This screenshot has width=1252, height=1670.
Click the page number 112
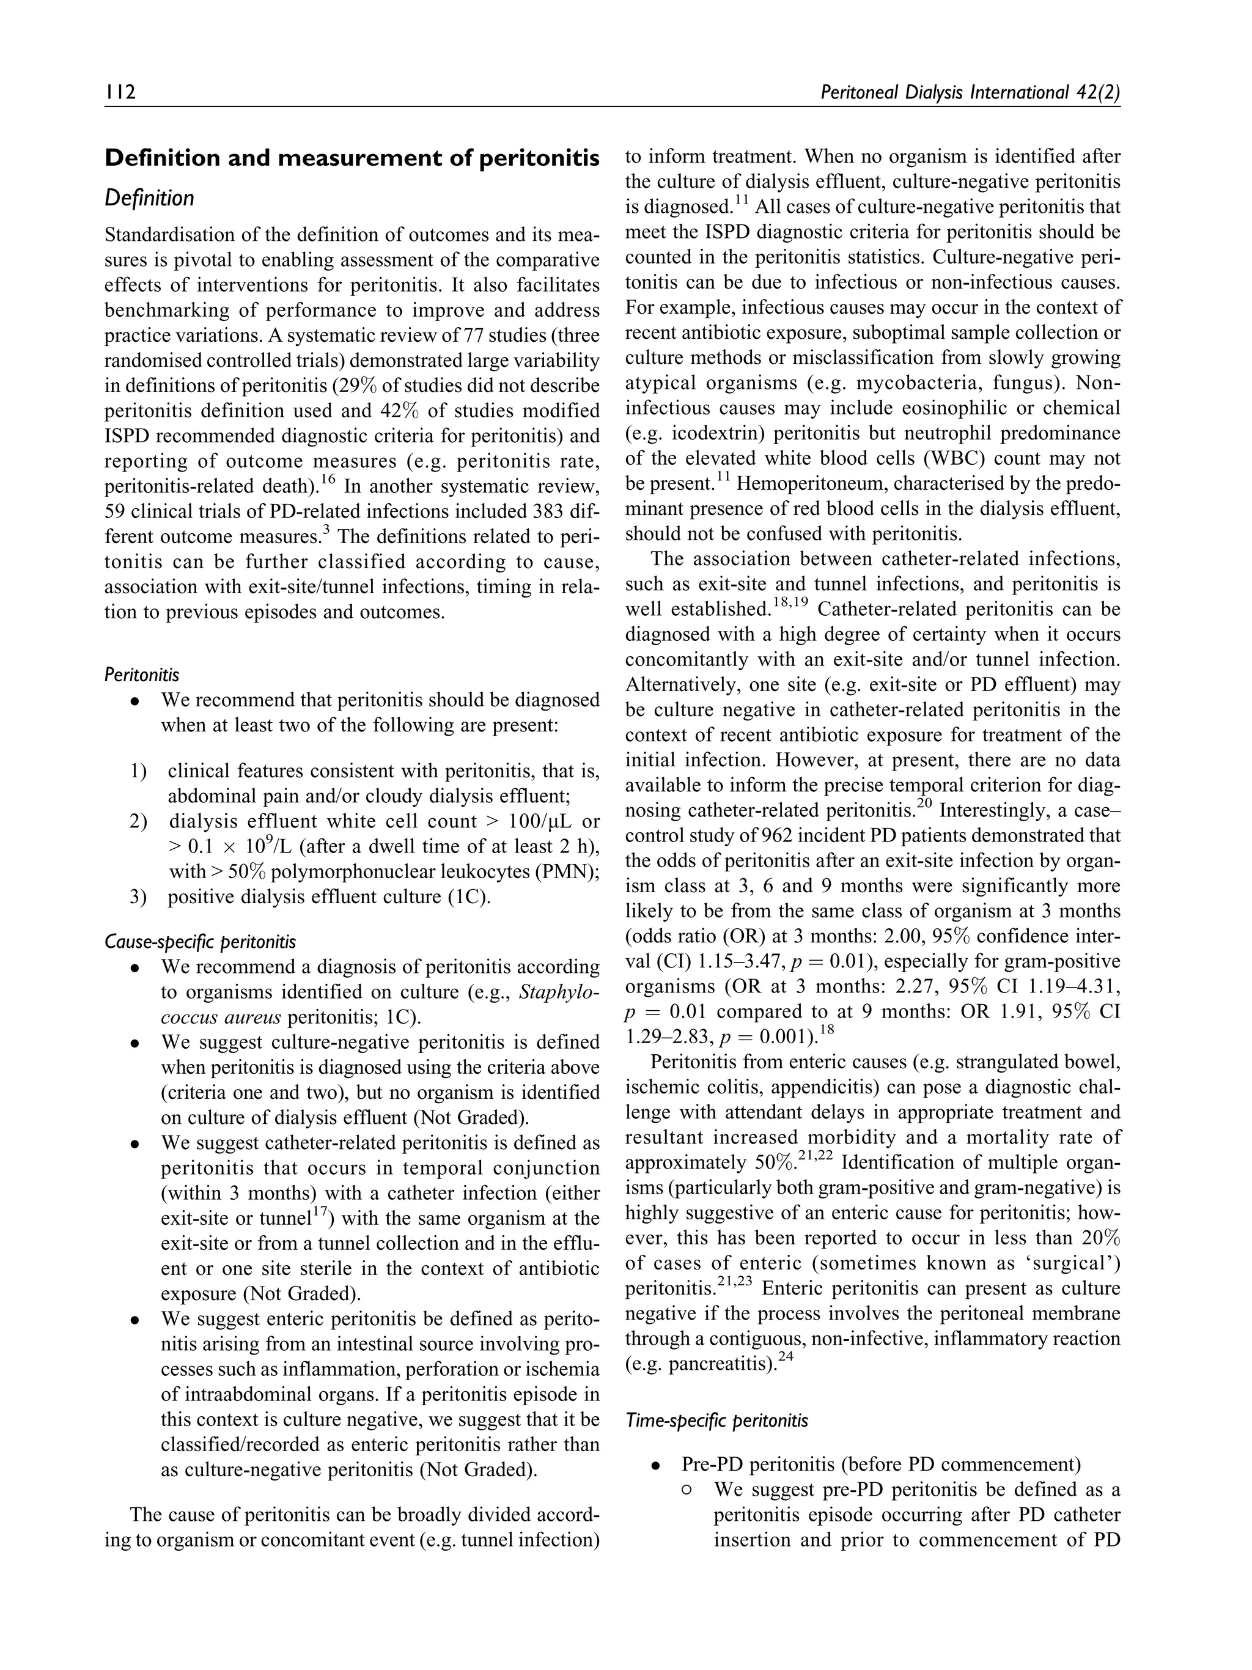pyautogui.click(x=120, y=93)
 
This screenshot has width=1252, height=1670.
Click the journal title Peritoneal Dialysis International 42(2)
pyautogui.click(x=969, y=93)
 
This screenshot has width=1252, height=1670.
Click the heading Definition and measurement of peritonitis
pyautogui.click(x=352, y=158)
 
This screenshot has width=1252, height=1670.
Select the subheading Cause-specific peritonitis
pyautogui.click(x=200, y=942)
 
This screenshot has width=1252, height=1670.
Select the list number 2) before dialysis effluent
pyautogui.click(x=138, y=821)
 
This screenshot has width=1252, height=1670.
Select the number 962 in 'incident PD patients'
pyautogui.click(x=763, y=836)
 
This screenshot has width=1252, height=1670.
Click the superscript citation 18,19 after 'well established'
pyautogui.click(x=790, y=603)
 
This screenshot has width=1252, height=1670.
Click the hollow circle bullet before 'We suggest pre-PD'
pyautogui.click(x=686, y=1490)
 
